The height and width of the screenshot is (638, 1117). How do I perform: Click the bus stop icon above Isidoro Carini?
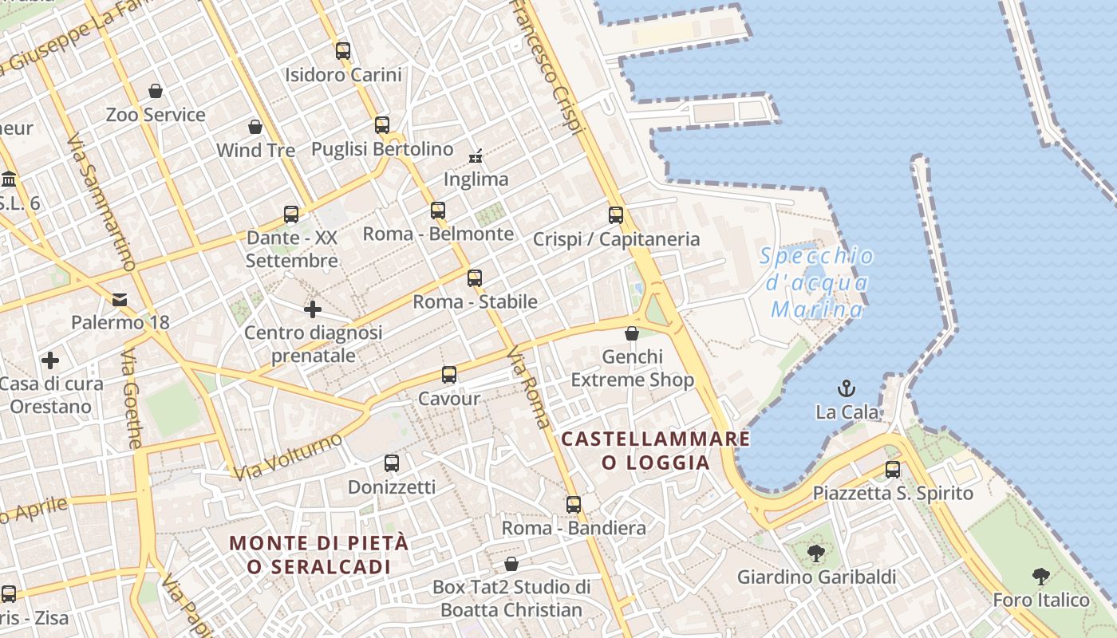tap(343, 51)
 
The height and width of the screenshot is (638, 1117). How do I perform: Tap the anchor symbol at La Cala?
tap(846, 388)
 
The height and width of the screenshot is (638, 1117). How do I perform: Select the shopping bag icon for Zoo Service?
tap(156, 91)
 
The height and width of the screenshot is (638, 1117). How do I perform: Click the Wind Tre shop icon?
tap(255, 127)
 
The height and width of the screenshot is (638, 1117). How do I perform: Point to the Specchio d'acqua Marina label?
tap(816, 282)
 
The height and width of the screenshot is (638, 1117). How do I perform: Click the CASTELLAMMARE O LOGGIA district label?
tap(655, 451)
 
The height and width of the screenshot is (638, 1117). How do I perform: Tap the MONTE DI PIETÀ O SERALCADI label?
tap(319, 555)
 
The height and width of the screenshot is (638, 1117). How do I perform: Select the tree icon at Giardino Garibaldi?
tap(815, 553)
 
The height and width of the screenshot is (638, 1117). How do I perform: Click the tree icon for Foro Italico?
tap(1040, 576)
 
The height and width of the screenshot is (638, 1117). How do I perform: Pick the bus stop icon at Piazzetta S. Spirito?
tap(893, 470)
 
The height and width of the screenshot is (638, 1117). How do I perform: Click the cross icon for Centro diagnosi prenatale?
tap(313, 309)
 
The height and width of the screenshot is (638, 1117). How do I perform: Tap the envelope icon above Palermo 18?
tap(120, 300)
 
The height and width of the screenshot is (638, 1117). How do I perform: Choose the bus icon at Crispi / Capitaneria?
tap(615, 215)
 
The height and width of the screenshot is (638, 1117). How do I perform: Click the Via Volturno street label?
tap(288, 456)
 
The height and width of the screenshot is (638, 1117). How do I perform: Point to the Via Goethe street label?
tap(132, 399)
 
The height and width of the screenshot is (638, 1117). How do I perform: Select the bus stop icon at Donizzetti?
tap(391, 463)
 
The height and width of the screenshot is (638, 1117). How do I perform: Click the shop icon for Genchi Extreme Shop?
tap(632, 333)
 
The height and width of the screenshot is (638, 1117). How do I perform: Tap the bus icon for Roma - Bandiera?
tap(573, 505)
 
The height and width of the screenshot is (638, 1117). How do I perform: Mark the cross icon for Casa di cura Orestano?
tap(50, 360)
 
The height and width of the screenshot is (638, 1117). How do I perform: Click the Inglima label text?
tap(476, 179)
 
